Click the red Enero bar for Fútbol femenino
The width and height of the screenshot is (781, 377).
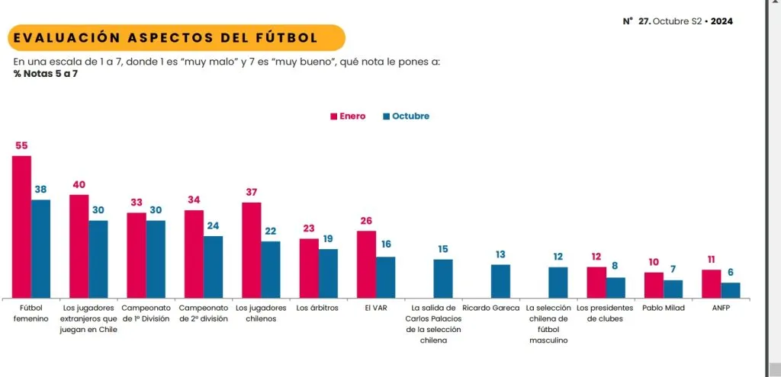(21, 226)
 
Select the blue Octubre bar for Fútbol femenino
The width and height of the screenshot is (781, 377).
(40, 248)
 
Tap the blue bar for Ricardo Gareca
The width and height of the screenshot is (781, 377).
(500, 281)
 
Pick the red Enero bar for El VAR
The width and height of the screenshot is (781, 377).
(366, 264)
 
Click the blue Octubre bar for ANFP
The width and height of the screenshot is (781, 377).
(731, 290)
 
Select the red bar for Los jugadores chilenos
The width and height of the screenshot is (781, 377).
(251, 250)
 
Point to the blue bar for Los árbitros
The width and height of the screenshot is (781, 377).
(328, 273)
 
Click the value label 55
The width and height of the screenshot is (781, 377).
(21, 145)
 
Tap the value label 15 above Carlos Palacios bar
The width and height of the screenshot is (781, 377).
(443, 249)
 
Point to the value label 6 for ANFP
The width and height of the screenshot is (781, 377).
(731, 273)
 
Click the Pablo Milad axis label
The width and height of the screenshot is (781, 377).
(663, 308)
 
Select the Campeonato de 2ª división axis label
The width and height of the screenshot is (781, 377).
(203, 314)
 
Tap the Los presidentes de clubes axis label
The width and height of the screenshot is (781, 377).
(606, 314)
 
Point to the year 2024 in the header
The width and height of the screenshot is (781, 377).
(722, 21)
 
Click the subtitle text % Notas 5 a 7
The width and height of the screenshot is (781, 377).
(46, 73)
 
